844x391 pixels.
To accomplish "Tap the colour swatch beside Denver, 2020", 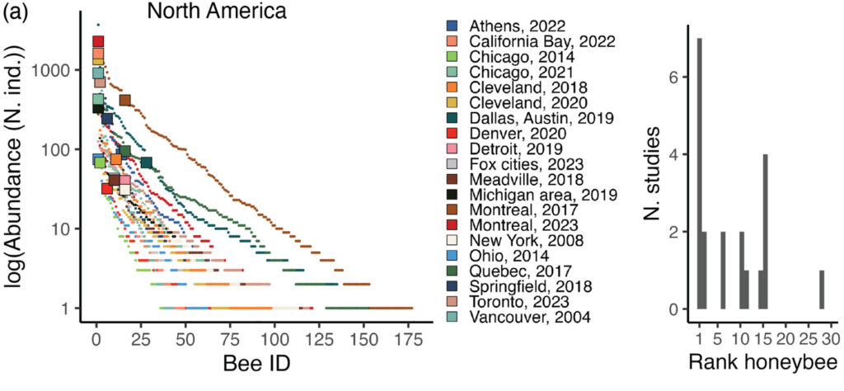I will point(452,134).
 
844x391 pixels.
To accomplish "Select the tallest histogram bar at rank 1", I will point(699,173).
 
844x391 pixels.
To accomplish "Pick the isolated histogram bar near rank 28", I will point(821,290).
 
